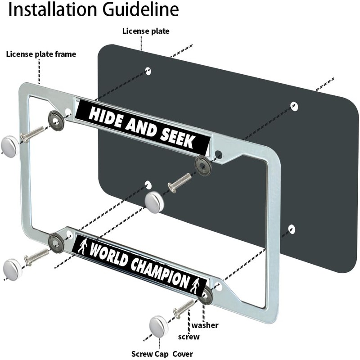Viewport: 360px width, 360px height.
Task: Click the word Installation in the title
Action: (x=52, y=9)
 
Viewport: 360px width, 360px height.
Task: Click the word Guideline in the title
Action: (x=140, y=9)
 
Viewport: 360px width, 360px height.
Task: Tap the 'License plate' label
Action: (x=146, y=31)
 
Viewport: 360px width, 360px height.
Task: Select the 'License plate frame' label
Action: (x=41, y=54)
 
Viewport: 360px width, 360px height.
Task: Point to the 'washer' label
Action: (x=205, y=325)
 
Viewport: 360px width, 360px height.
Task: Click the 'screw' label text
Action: (x=189, y=337)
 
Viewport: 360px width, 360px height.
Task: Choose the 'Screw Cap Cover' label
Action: (x=162, y=354)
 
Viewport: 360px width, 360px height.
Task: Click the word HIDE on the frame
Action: (x=105, y=116)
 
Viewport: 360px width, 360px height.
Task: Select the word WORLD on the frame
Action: (x=108, y=254)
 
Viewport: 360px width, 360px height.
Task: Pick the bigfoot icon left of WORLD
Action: (x=81, y=246)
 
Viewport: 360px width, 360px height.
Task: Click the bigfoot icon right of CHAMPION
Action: (x=196, y=285)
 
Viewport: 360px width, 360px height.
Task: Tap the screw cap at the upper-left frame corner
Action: (x=9, y=147)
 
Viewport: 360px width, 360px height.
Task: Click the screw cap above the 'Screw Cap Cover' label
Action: (x=158, y=327)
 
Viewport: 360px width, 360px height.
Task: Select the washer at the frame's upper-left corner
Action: (x=56, y=120)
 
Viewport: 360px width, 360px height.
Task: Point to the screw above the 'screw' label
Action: (x=184, y=309)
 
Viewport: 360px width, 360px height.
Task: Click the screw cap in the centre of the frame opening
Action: (x=154, y=202)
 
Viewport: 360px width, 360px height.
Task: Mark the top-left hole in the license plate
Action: (x=148, y=71)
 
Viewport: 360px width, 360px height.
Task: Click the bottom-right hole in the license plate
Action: (x=292, y=229)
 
